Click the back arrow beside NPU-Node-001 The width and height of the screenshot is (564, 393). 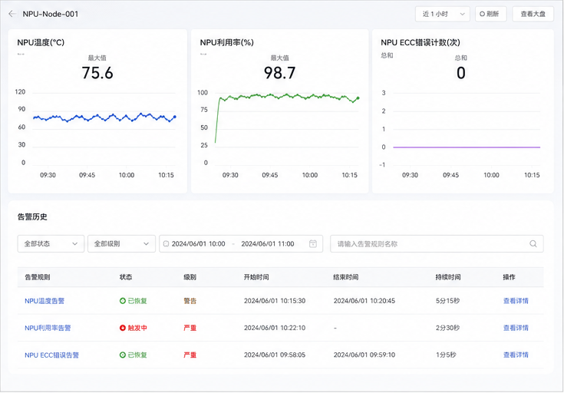click(12, 14)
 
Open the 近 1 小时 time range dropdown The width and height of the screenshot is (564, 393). click(443, 14)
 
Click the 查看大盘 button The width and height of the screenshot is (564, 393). click(533, 14)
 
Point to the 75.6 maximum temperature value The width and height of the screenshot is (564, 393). click(97, 73)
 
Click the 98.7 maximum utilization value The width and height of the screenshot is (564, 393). click(280, 73)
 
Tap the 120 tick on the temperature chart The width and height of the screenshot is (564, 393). click(20, 92)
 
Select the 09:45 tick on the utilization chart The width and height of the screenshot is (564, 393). click(270, 175)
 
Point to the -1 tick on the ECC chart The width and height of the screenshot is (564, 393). click(382, 165)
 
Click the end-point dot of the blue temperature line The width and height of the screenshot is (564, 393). click(175, 117)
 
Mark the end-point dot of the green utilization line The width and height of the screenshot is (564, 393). click(358, 98)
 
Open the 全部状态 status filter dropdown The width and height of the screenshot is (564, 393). click(51, 243)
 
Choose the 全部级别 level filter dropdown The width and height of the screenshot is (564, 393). click(121, 243)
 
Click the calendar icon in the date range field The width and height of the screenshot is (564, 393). click(313, 243)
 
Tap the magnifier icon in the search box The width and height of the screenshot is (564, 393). click(533, 243)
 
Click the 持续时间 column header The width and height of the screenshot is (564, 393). click(448, 277)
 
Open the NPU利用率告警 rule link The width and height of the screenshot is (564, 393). click(48, 328)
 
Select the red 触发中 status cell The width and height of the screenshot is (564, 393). click(134, 328)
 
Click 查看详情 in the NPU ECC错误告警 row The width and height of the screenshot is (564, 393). click(516, 355)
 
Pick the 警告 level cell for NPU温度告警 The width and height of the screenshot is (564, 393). click(190, 301)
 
